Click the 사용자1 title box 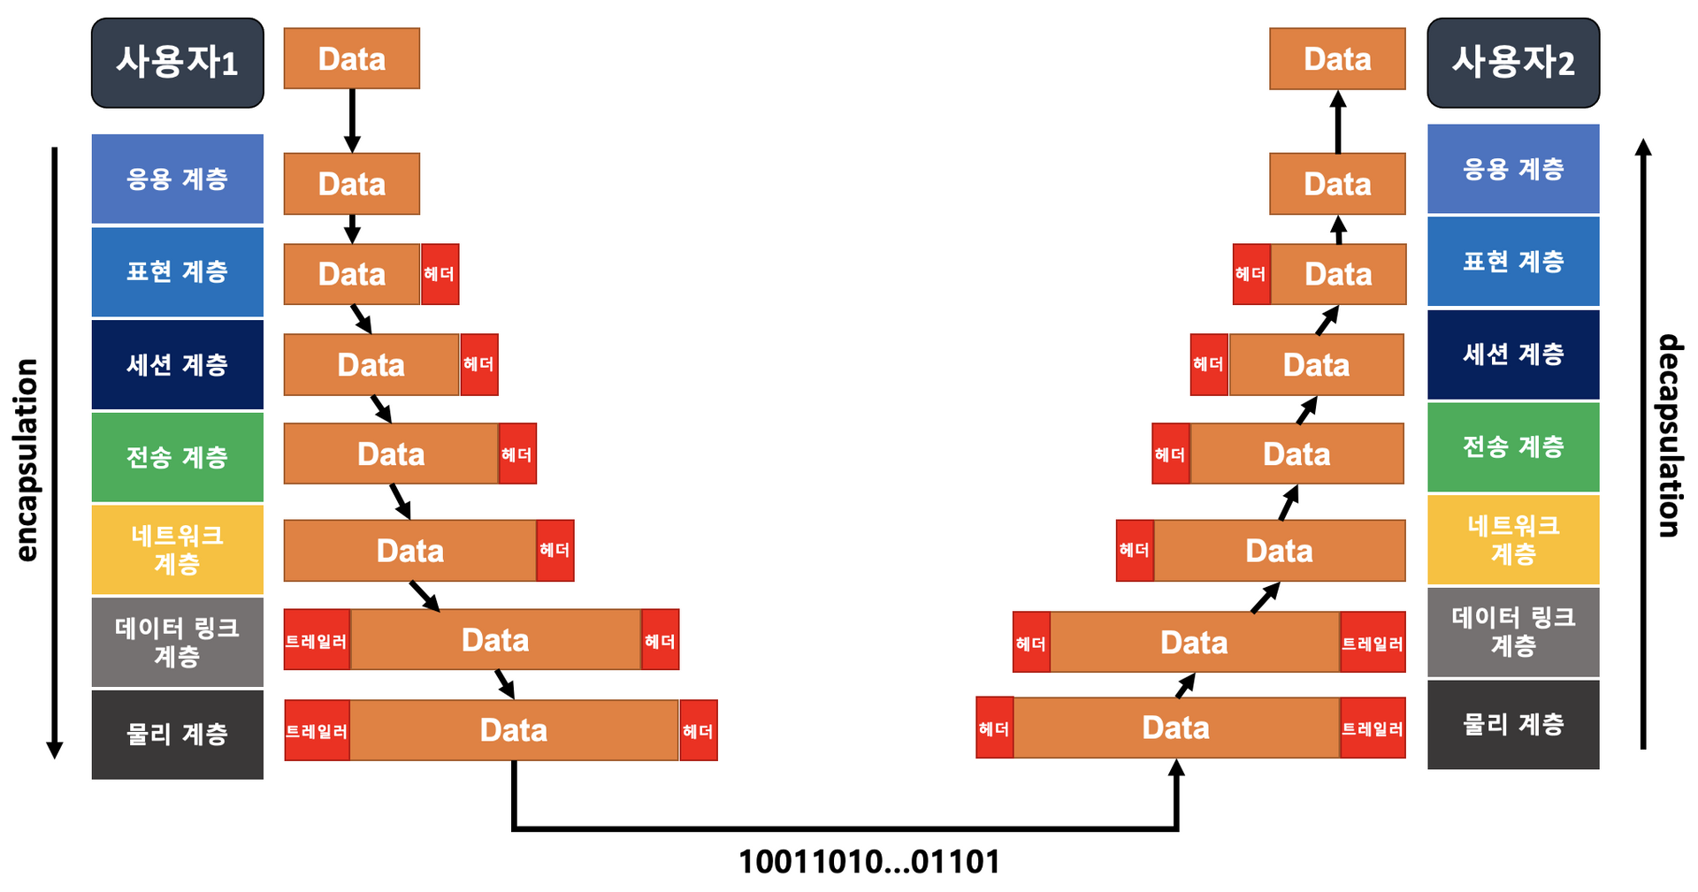177,63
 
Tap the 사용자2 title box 1512,63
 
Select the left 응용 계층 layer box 177,179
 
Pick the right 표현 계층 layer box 1512,262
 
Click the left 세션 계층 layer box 177,364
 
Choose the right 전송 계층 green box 1512,446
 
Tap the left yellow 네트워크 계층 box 177,549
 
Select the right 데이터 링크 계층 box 1512,631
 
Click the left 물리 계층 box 177,734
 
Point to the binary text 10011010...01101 868,862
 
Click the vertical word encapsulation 28,460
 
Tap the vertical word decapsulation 1669,435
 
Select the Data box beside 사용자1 351,58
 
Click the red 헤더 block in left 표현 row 440,274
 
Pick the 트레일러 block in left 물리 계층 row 317,730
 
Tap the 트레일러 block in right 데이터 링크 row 1373,642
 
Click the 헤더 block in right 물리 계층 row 994,728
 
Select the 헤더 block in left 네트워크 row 555,550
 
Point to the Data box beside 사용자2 1336,58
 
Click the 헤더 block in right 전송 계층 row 1170,454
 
